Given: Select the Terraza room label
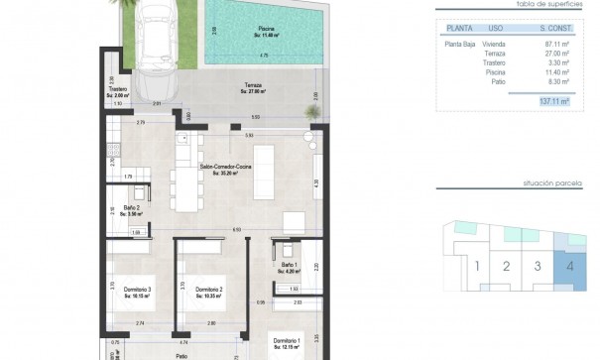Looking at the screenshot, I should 255,88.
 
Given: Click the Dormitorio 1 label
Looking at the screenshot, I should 288,342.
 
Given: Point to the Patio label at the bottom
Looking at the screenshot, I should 180,354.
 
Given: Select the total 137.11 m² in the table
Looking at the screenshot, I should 554,101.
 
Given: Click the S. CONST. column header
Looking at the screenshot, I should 553,29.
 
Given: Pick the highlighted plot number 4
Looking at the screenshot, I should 569,266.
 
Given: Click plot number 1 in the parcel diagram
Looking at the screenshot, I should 477,266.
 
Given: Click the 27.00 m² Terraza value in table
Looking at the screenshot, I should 555,54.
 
